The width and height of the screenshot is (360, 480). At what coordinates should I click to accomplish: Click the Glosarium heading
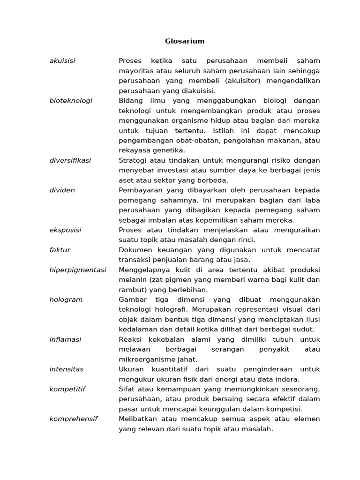[x=185, y=41]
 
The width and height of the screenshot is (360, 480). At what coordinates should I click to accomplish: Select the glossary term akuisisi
[x=62, y=61]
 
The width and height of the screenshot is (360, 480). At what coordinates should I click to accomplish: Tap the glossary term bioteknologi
[x=71, y=101]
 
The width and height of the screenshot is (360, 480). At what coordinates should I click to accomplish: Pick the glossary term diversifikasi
[x=70, y=160]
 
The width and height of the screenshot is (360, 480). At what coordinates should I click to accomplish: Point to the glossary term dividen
[x=62, y=190]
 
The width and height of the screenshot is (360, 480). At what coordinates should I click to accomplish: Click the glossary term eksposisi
[x=65, y=230]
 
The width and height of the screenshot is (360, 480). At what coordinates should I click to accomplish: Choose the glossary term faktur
[x=60, y=250]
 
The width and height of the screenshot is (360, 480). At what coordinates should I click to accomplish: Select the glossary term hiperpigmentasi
[x=78, y=270]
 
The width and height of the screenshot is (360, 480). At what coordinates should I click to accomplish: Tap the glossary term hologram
[x=66, y=300]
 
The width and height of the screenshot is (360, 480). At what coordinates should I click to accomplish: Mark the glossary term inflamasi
[x=65, y=339]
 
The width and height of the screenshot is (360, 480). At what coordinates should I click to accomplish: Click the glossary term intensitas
[x=67, y=369]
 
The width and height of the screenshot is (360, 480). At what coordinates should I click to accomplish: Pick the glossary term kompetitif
[x=67, y=389]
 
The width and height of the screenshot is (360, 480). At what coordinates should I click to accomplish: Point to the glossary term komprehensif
[x=74, y=419]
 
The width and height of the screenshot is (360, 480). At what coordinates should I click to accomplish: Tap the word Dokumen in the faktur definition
[x=135, y=250]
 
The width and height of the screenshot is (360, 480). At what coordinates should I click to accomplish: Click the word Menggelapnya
[x=143, y=270]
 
